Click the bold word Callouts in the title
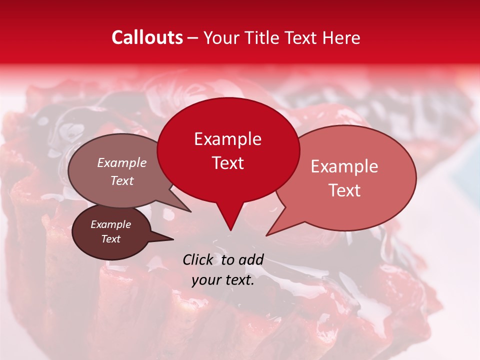tap(147, 37)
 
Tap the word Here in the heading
tap(341, 37)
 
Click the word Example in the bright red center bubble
tap(227, 139)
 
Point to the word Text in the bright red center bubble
tap(227, 163)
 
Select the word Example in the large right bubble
tap(344, 166)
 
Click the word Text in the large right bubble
tap(344, 190)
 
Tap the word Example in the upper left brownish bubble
tap(121, 162)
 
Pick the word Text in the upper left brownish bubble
tap(121, 180)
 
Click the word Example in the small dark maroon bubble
tap(110, 224)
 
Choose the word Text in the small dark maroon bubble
tap(110, 239)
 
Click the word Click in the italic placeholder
tap(199, 259)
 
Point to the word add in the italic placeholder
tap(251, 259)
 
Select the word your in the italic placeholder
tap(205, 280)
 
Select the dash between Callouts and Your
tap(193, 37)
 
